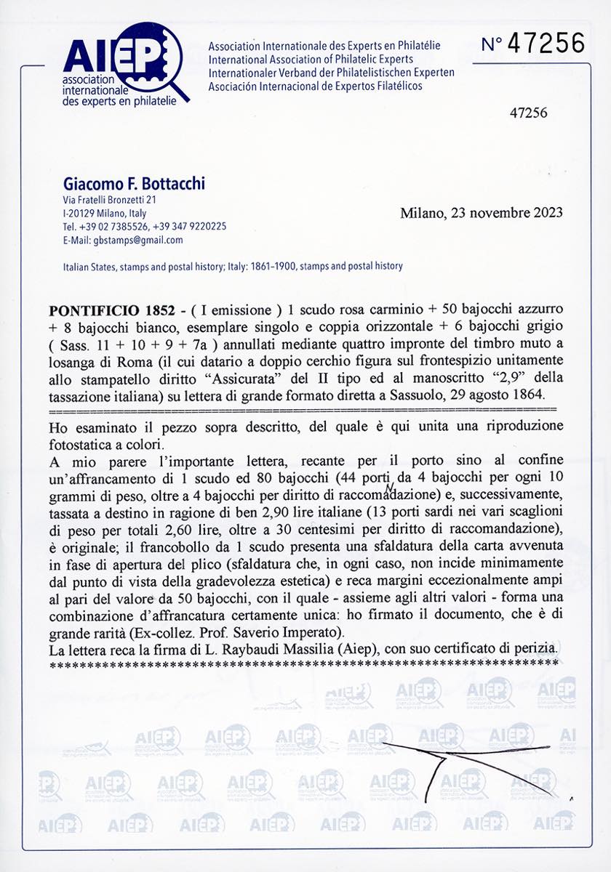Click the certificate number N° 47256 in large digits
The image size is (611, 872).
[x=532, y=44]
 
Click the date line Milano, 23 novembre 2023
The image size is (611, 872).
[x=481, y=213]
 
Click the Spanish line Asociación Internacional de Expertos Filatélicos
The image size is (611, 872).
[x=314, y=86]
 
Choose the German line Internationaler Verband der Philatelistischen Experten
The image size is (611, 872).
[x=331, y=73]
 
